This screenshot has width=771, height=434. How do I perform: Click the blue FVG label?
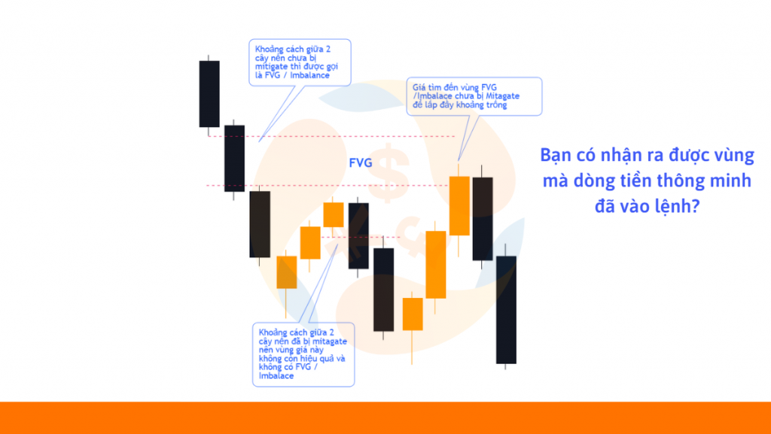361,163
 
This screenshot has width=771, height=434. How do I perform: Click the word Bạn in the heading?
556,155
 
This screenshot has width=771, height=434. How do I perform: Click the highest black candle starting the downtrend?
209,94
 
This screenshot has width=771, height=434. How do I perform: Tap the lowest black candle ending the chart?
506,309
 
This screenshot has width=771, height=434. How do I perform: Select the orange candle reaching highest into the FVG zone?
459,205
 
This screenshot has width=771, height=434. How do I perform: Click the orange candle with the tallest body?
436,265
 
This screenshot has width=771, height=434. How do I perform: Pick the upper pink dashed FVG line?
331,136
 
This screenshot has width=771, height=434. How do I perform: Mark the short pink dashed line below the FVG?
361,237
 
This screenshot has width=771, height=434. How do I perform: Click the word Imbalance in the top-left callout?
309,75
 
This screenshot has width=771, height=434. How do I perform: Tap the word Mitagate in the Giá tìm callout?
502,96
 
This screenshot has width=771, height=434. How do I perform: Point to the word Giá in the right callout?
419,87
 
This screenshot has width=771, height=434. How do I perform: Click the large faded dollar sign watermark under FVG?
389,173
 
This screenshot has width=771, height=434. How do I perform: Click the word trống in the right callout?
495,105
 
